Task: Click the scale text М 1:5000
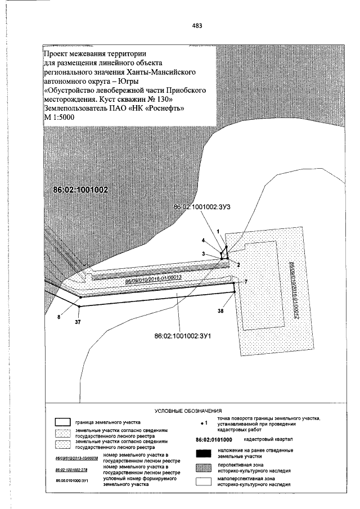click(x=58, y=117)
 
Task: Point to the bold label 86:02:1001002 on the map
click(x=80, y=190)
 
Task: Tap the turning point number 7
click(x=246, y=280)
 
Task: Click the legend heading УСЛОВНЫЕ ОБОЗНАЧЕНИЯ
click(x=187, y=411)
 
